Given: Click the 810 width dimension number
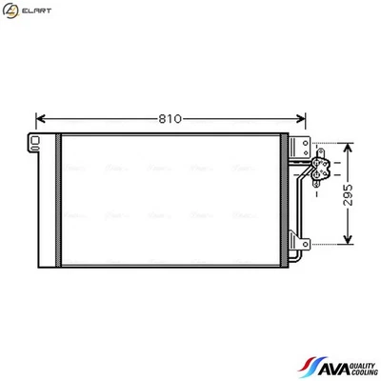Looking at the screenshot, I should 170,120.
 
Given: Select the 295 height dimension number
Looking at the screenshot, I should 349,195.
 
